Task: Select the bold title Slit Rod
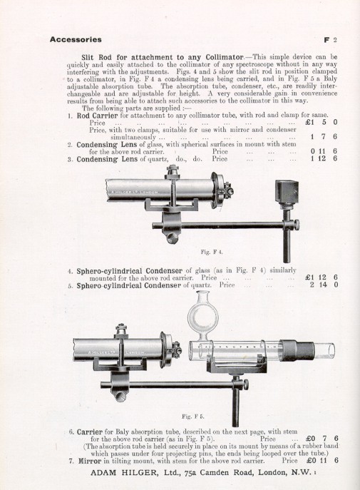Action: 105,54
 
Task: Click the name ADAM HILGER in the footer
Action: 108,474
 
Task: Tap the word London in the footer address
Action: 266,474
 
